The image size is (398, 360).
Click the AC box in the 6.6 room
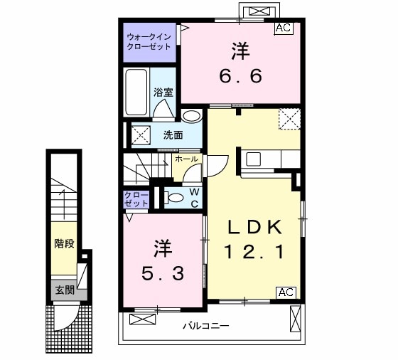point(284,28)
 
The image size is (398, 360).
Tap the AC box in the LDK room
point(286,292)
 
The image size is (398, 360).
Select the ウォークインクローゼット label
point(149,42)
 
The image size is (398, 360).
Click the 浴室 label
point(163,92)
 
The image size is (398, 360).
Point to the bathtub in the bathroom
point(136,92)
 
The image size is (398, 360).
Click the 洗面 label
point(173,135)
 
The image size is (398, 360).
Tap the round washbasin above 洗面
point(192,117)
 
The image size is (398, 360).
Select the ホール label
point(186,159)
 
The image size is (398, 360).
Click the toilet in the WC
point(173,198)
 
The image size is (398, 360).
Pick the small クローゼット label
point(136,199)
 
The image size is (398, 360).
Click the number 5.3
point(163,274)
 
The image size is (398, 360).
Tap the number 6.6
point(240,76)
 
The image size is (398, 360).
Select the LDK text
point(255,227)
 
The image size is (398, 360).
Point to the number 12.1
point(254,252)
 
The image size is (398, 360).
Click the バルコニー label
point(206,325)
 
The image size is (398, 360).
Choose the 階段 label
point(65,243)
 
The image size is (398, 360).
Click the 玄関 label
point(65,290)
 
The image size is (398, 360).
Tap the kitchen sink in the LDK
point(253,159)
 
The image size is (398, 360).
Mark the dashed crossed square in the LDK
point(290,120)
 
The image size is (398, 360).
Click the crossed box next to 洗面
point(141,135)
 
